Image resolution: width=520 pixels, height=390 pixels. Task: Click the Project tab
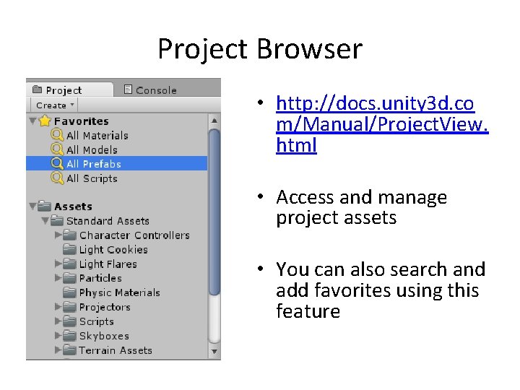(x=64, y=90)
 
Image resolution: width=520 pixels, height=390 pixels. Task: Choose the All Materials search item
(x=97, y=135)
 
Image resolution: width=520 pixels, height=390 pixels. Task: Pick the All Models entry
(x=92, y=149)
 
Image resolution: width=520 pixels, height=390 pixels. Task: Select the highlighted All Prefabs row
(x=94, y=164)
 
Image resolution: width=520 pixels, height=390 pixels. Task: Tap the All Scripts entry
(x=92, y=178)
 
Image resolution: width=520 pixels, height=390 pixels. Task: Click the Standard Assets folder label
(x=108, y=221)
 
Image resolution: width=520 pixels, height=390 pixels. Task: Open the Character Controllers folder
(x=134, y=235)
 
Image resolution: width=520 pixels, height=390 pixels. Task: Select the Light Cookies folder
(x=113, y=250)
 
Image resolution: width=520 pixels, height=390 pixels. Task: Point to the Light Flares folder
(x=108, y=264)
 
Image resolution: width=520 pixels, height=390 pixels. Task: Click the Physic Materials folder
(x=119, y=292)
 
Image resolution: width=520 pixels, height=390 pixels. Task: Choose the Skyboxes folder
(x=104, y=336)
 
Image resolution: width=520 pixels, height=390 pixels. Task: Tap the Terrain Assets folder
(x=116, y=350)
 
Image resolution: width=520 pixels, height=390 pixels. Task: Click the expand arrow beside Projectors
(x=58, y=307)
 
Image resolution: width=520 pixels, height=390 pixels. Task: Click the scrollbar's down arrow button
(x=214, y=352)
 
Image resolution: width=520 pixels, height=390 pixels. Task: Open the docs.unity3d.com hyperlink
(x=376, y=124)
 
